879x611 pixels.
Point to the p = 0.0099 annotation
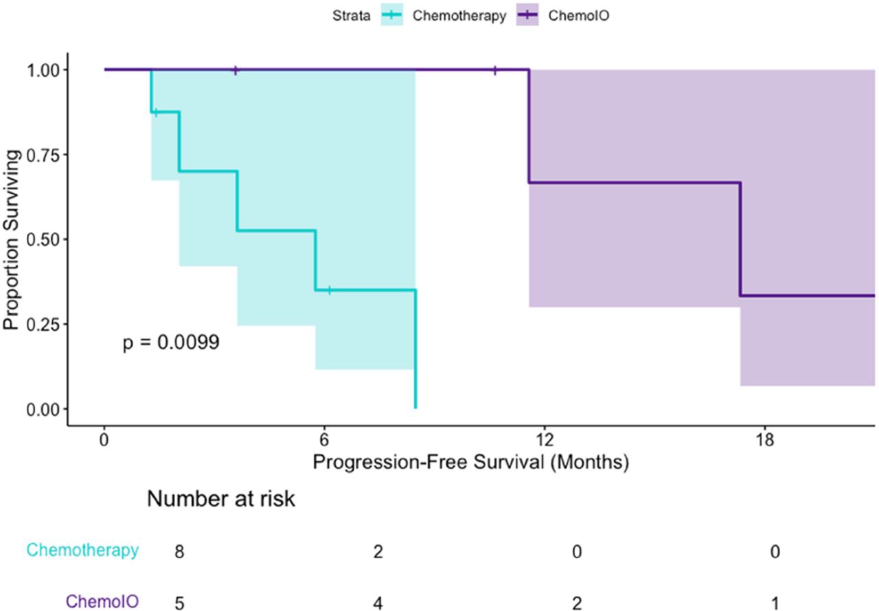(171, 343)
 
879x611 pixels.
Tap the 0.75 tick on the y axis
(44, 154)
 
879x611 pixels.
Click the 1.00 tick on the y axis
(44, 70)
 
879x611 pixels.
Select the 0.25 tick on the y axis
(44, 324)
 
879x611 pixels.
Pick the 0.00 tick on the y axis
(44, 409)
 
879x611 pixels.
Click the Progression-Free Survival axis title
(471, 461)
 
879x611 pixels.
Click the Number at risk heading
(220, 499)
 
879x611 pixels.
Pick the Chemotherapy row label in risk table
(83, 550)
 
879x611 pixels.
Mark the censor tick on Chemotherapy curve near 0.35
(330, 290)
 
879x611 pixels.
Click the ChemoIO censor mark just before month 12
(494, 69)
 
